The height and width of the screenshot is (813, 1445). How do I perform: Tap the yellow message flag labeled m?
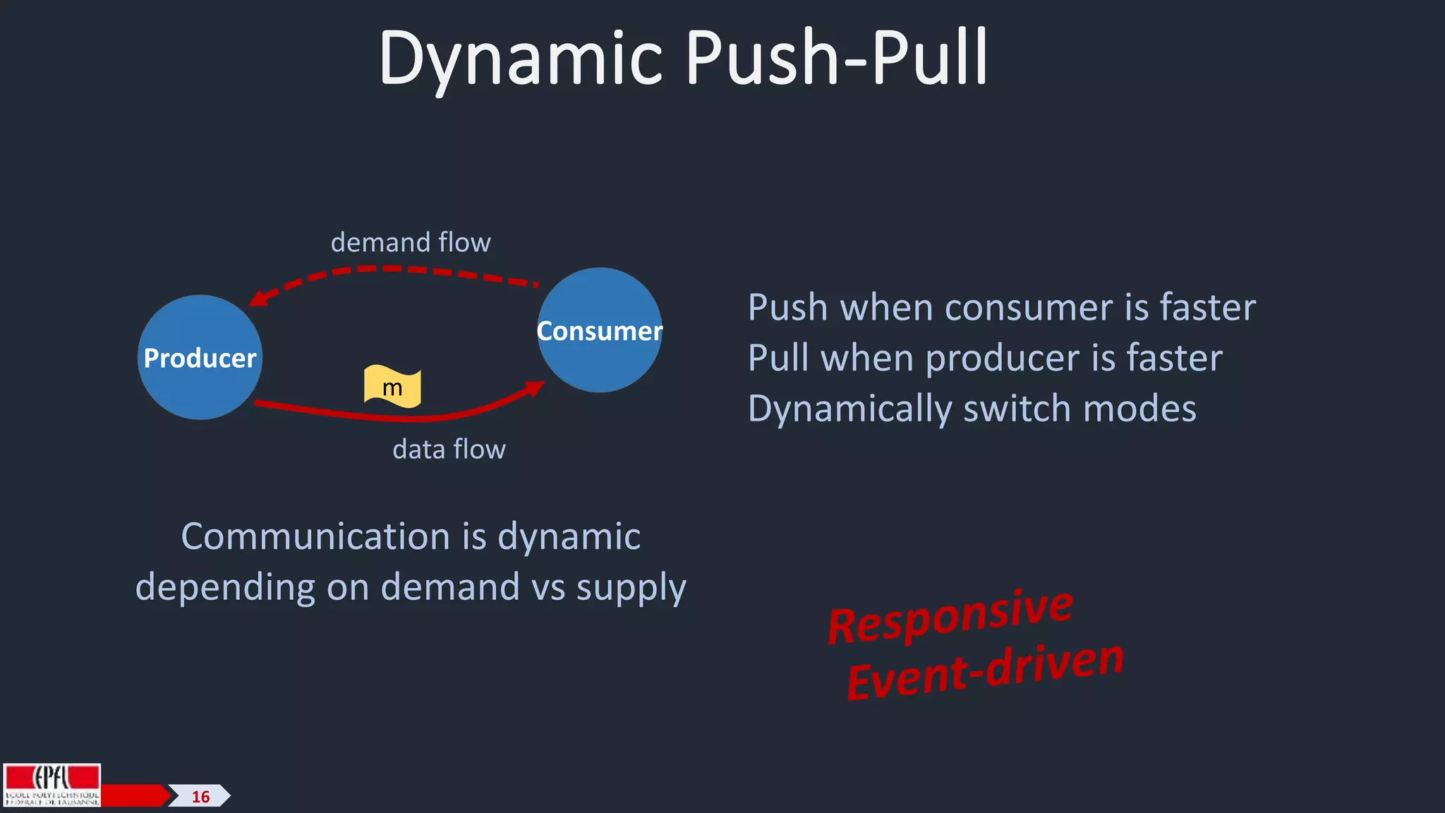392,387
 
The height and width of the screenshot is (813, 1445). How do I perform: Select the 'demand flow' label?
411,243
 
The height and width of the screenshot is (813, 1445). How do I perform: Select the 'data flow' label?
449,450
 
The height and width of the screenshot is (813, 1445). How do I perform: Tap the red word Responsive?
950,615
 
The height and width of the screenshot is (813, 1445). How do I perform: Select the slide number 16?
200,797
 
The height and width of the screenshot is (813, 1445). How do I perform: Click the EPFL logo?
52,785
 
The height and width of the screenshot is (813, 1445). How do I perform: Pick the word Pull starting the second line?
778,359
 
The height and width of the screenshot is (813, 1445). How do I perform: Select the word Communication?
316,537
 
